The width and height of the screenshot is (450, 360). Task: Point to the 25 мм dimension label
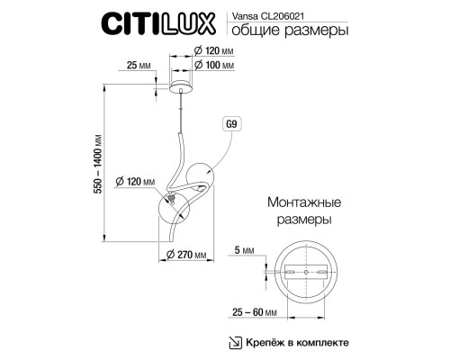138,66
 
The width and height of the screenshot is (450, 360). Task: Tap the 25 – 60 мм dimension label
248,311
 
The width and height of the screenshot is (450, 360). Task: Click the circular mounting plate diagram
307,272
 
